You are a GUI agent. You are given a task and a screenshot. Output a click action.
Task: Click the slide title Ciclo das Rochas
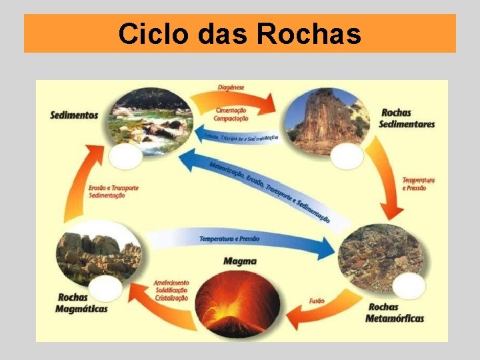(240, 33)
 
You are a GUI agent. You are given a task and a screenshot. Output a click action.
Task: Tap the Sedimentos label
(74, 115)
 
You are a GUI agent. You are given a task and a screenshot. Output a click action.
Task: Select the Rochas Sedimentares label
(407, 118)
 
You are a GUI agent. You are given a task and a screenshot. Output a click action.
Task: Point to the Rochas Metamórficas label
(395, 313)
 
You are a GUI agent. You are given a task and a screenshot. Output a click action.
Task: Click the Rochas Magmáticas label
(83, 303)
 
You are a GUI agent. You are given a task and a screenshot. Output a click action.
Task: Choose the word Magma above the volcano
(239, 261)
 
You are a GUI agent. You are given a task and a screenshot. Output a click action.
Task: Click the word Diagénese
(231, 87)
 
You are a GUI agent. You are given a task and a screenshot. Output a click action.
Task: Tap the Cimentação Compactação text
(231, 114)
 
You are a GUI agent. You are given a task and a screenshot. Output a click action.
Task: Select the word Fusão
(317, 301)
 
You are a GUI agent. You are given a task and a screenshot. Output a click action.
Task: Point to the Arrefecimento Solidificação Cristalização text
(171, 291)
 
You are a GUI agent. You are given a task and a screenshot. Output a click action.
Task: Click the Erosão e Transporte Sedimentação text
(113, 191)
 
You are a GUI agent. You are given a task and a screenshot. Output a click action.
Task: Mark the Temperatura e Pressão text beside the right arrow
(418, 184)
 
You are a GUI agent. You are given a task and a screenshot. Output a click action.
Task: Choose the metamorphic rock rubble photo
(380, 252)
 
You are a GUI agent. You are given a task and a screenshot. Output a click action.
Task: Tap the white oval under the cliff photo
(347, 156)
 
